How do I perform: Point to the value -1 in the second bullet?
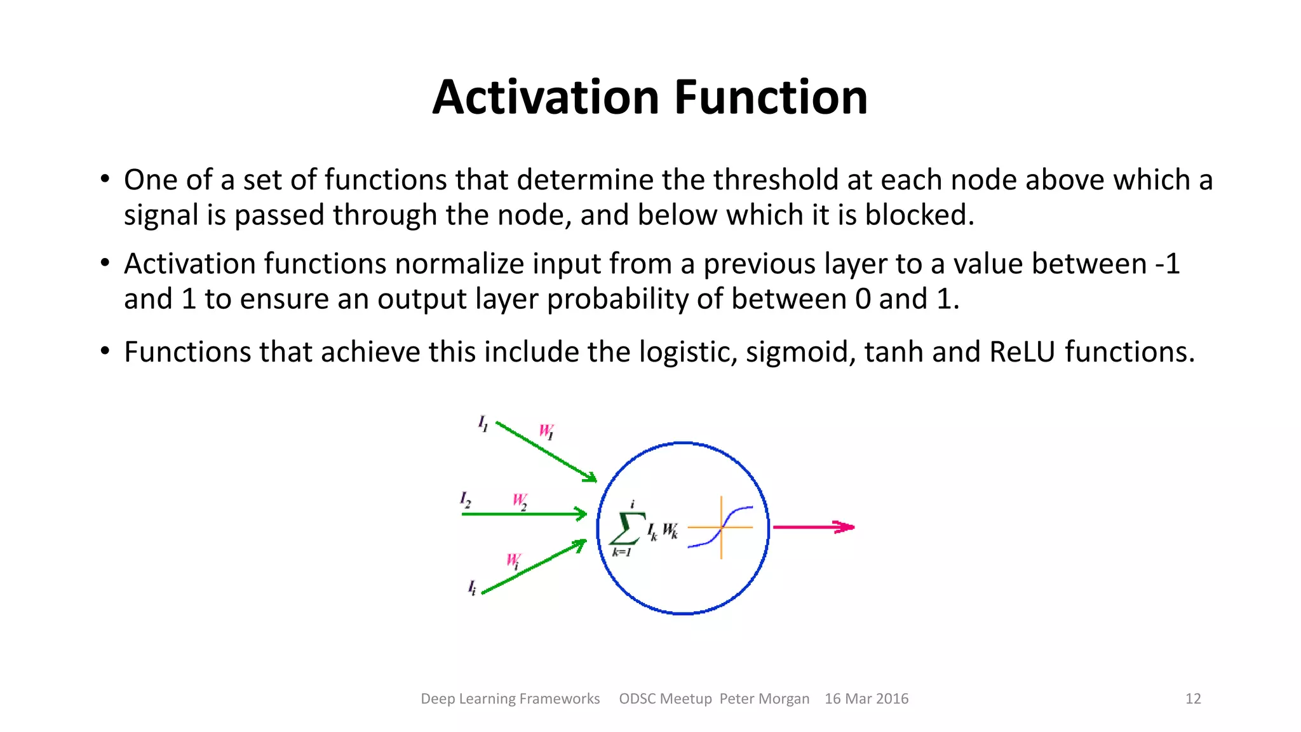[1167, 264]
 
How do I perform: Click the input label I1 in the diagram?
[483, 423]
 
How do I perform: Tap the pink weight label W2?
[520, 501]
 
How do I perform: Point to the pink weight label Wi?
[513, 561]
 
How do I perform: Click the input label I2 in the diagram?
[466, 499]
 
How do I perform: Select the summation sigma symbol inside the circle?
[626, 529]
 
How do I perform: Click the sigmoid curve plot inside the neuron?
[721, 527]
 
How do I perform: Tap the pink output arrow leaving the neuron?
[813, 527]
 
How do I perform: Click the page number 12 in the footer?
[1193, 699]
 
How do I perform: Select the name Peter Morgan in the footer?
[764, 699]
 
